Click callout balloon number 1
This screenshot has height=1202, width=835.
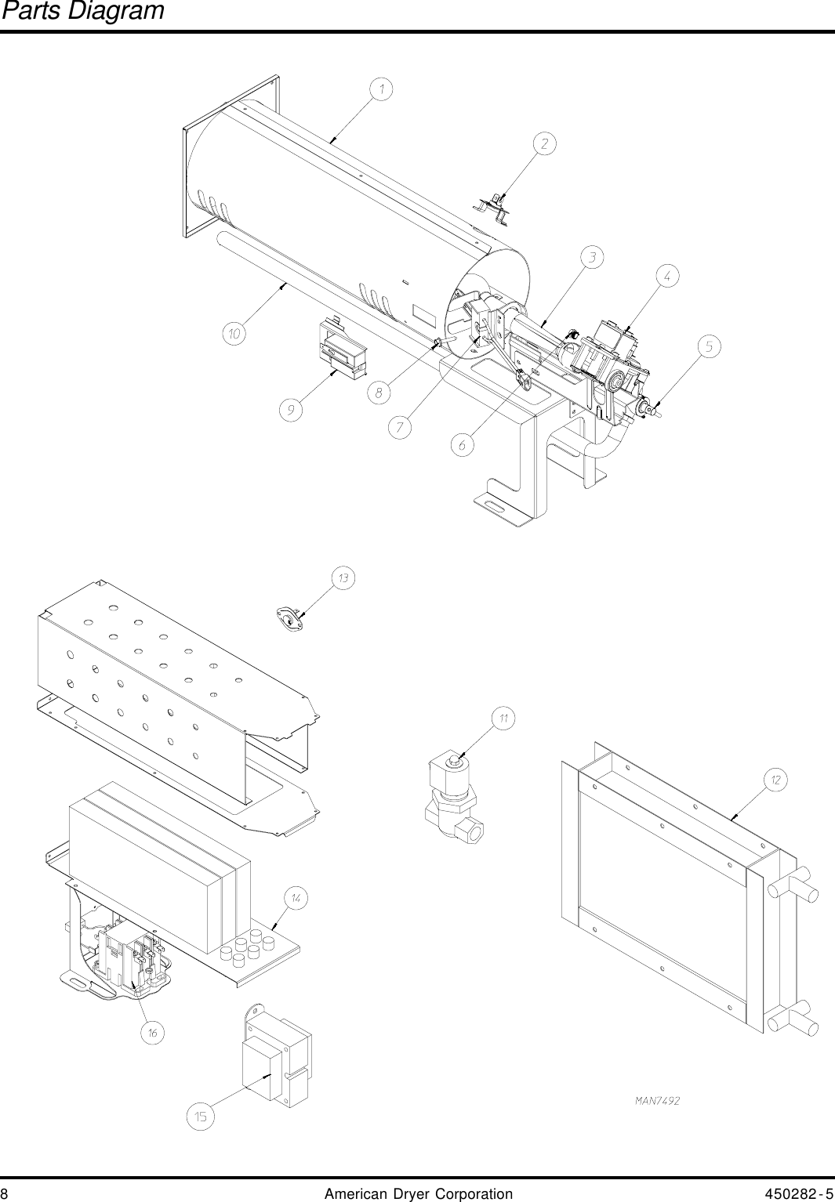tap(382, 90)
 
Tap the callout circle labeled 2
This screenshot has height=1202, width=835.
tap(544, 143)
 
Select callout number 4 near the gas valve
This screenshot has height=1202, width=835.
tap(667, 276)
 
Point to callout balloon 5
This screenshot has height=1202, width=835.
tap(709, 346)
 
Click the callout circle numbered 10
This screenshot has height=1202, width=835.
tap(234, 335)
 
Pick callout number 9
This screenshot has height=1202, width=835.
tap(291, 410)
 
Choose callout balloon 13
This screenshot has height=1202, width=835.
tap(343, 578)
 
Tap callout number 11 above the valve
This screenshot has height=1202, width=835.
tap(503, 718)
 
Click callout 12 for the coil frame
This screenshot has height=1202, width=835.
tap(775, 780)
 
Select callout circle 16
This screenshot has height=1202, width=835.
tap(153, 1033)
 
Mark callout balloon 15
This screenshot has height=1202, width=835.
tap(201, 1117)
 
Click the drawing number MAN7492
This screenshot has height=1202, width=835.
tap(657, 1101)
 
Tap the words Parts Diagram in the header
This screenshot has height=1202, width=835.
tap(82, 11)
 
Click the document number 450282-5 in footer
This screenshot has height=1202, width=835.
tap(798, 1194)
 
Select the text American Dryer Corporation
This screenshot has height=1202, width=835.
tap(418, 1194)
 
